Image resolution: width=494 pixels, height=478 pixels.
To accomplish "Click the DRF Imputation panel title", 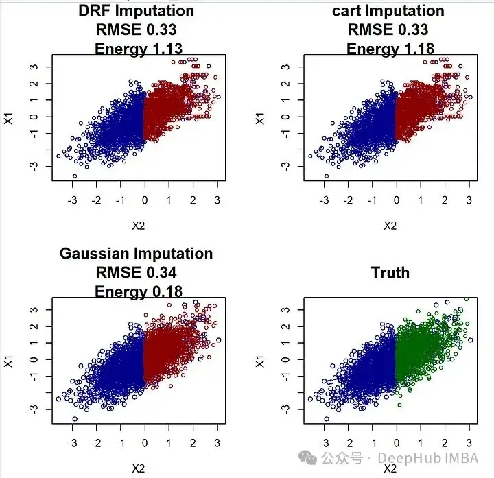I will point(136,11).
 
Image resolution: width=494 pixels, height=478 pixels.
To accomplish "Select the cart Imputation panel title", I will point(388,11).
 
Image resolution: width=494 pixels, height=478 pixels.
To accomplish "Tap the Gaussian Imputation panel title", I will point(136,254).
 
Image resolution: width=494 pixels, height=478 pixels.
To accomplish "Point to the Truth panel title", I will point(390,272).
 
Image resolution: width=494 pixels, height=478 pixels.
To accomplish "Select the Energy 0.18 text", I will point(138,291).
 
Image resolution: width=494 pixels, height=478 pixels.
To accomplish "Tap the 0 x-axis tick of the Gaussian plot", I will point(145,442).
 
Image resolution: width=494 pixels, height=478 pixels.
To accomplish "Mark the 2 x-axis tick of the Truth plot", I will point(445,442).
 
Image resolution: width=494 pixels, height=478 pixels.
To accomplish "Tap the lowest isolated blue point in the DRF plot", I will point(75,176).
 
